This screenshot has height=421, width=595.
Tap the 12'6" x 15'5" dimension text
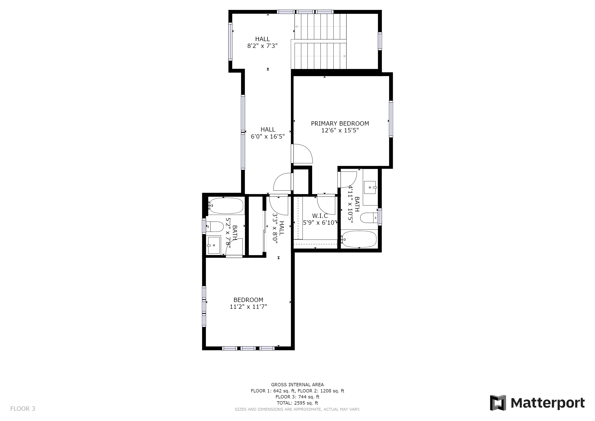click(340, 130)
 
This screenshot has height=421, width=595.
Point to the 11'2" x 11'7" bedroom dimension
click(248, 307)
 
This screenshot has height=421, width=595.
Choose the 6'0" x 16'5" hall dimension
click(268, 136)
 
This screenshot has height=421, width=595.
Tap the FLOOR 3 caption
click(23, 409)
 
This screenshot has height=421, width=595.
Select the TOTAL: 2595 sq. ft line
click(297, 403)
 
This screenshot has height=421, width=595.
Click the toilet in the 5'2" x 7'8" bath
click(215, 227)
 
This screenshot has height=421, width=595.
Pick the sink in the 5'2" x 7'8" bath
click(213, 245)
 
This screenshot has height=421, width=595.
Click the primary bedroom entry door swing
click(302, 154)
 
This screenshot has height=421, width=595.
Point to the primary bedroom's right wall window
click(391, 119)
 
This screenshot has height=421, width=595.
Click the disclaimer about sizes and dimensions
click(297, 409)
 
